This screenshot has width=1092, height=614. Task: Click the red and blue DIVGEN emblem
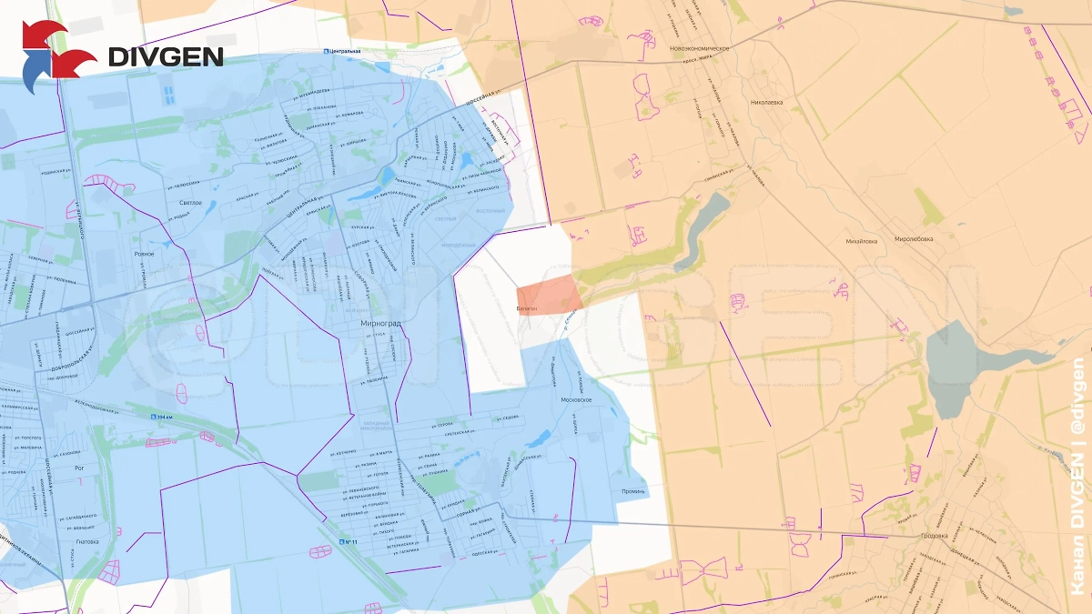click(56, 56)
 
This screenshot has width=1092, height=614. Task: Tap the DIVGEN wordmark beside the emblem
click(166, 56)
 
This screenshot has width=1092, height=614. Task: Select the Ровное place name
click(144, 254)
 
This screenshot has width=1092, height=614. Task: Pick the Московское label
click(577, 400)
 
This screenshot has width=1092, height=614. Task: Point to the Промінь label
click(633, 491)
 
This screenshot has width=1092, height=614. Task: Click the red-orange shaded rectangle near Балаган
click(549, 297)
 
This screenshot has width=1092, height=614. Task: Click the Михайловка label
click(861, 241)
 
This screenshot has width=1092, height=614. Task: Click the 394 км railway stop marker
click(161, 416)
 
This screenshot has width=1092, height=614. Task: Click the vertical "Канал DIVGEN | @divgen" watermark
click(1077, 482)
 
